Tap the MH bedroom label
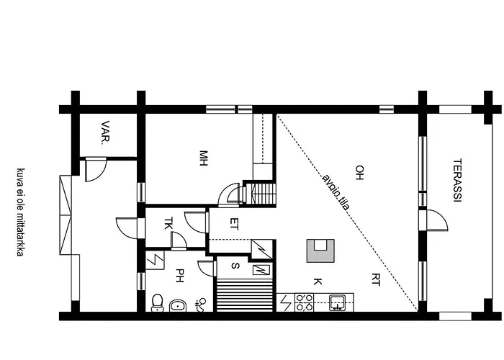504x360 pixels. (204, 157)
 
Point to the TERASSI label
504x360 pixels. (456, 180)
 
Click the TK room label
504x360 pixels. (168, 224)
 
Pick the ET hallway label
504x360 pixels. (233, 224)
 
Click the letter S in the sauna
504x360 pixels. (235, 266)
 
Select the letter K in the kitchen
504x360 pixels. (317, 281)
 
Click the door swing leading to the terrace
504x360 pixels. (433, 219)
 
